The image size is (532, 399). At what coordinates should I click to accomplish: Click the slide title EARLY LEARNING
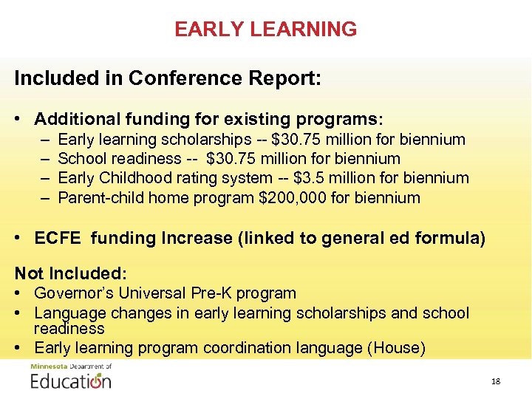[x=265, y=30]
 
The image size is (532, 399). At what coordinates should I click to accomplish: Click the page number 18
[x=495, y=381]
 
